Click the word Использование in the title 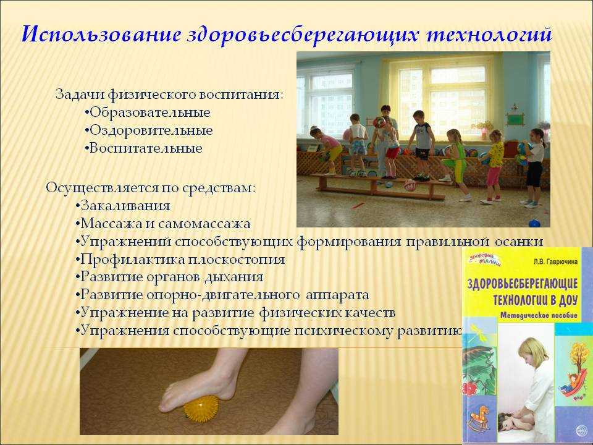101,35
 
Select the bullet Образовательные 148,112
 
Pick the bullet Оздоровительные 149,130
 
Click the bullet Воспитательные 143,148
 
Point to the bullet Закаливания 122,206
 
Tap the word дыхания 234,278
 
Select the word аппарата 337,295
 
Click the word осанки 519,242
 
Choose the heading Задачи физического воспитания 169,95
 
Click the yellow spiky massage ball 201,409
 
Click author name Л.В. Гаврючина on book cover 555,261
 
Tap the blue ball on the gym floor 534,223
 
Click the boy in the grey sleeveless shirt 422,145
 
